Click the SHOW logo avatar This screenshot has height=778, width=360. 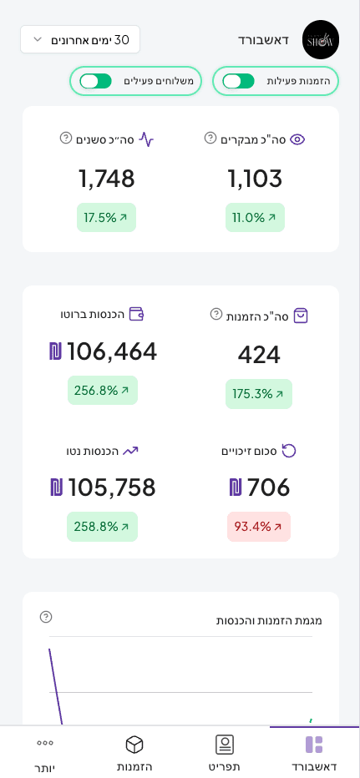click(320, 39)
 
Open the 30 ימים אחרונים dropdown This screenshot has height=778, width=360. click(80, 39)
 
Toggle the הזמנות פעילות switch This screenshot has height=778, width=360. click(238, 81)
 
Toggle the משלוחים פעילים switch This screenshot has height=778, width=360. click(95, 81)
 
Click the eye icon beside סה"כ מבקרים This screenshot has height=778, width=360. click(297, 139)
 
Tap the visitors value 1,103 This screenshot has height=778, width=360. click(255, 178)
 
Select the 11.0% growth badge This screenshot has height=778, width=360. click(255, 217)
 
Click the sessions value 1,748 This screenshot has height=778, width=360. click(106, 178)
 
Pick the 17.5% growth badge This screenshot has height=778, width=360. click(106, 217)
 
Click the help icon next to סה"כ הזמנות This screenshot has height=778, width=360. click(216, 314)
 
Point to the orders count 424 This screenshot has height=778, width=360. click(259, 355)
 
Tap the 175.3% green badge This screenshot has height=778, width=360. click(259, 393)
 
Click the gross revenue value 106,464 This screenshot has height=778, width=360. click(103, 351)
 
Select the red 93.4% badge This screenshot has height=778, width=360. click(259, 527)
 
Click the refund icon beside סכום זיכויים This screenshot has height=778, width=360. click(289, 451)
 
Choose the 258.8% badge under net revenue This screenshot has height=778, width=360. click(102, 527)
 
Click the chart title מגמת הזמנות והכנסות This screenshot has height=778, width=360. click(269, 620)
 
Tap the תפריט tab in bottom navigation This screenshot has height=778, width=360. click(224, 752)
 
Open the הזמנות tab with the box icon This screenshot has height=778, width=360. click(134, 752)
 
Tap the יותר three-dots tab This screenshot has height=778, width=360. click(44, 752)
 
